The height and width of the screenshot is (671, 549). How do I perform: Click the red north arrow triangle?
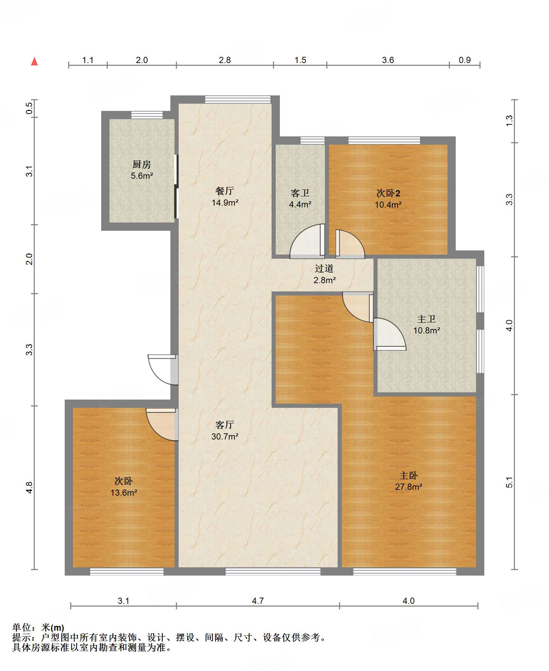point(34,61)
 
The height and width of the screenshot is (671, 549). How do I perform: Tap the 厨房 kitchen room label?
point(142,164)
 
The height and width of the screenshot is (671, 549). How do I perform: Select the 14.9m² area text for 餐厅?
point(225,203)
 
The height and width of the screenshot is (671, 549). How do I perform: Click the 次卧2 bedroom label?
point(388,193)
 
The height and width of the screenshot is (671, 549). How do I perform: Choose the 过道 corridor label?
point(324,268)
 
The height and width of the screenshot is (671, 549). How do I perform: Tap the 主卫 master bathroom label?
point(426,319)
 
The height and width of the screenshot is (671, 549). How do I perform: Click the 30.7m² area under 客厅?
point(225,436)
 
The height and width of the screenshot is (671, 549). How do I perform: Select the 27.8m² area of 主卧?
point(409,487)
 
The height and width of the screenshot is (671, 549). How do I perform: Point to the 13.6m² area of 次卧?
point(124,493)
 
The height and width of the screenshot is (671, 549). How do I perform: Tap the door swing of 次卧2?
point(350,244)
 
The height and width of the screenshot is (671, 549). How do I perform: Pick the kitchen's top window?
point(147,115)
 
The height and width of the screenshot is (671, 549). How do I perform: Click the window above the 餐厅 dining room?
point(238,100)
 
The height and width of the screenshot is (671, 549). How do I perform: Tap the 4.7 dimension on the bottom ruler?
point(258,601)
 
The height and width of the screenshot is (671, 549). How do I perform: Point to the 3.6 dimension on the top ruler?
point(388,60)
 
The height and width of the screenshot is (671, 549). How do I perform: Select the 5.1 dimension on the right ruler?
point(509,483)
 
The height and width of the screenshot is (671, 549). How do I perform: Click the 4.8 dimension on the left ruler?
point(29,487)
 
